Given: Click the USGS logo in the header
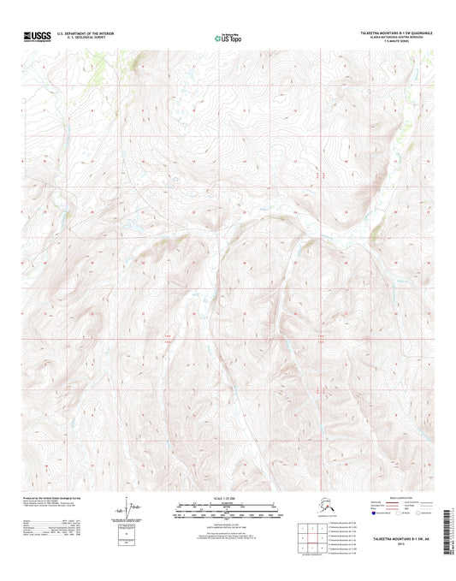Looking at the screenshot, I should pos(40,36).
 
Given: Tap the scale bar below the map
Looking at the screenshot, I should pos(228,515).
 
